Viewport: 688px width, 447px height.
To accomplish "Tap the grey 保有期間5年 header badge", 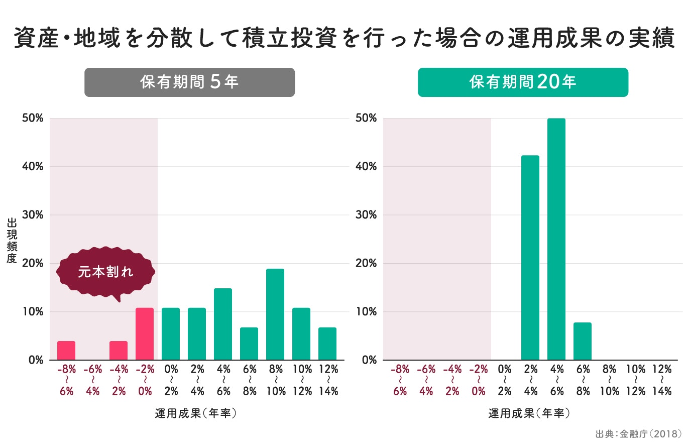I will pos(189,82).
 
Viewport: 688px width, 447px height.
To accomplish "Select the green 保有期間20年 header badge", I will pos(523,82).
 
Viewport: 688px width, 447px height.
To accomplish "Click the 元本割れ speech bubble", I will pos(106,272).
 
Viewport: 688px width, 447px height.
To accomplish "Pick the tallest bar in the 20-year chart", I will pos(556,239).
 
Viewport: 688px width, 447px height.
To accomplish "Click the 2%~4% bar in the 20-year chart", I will pos(530,258).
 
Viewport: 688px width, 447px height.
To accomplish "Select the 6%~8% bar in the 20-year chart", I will pos(582,342).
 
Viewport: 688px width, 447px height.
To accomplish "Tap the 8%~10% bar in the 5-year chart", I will pos(275,314).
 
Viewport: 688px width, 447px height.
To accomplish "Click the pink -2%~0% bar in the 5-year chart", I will pos(144,334).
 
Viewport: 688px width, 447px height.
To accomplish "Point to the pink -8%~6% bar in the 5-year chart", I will pos(66,351).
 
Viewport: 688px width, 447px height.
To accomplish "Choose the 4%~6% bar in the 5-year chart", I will pos(222,324).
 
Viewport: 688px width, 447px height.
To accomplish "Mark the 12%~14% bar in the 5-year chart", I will pos(327,344).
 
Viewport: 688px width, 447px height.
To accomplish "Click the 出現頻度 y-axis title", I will pos(12,241).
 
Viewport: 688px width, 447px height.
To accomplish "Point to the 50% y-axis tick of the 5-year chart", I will pos(33,119).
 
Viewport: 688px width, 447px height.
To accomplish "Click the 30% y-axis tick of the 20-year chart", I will pos(366,215).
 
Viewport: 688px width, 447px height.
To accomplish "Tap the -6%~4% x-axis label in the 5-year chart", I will pos(92,380).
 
